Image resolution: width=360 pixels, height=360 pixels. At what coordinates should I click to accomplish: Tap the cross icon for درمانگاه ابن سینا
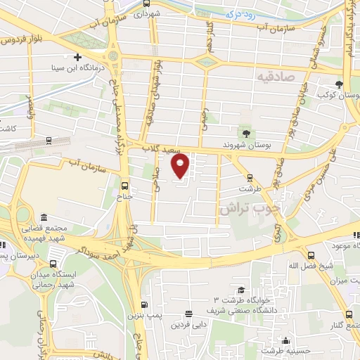coord(77,57)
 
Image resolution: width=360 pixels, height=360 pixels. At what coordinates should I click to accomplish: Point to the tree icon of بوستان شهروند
coord(245,132)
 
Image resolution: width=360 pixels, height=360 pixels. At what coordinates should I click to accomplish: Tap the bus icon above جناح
coord(124,186)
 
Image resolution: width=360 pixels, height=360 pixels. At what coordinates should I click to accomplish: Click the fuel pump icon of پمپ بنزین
coord(144,304)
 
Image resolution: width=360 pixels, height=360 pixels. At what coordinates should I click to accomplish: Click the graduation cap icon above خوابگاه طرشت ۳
coord(241,290)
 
